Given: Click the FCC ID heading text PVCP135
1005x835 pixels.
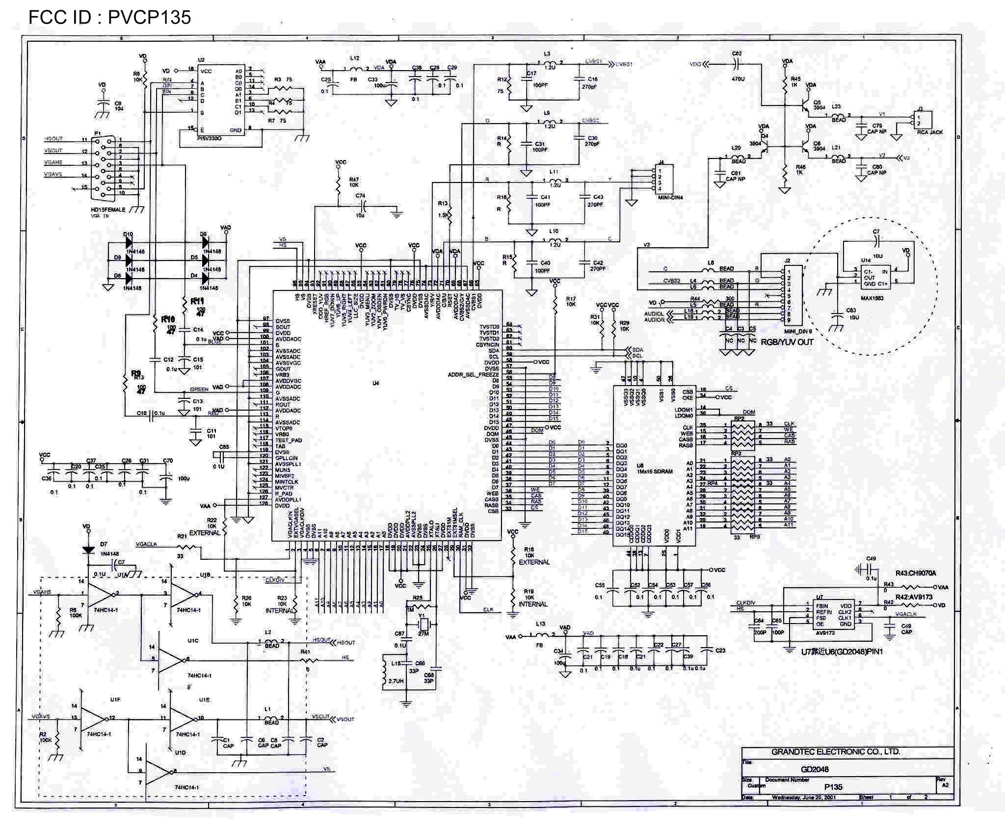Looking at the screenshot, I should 109,18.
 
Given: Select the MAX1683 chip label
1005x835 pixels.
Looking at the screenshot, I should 872,298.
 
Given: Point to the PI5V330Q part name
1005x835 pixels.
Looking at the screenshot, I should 209,139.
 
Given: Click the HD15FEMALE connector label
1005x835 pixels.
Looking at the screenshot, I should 108,209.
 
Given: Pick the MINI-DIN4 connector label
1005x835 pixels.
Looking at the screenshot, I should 670,198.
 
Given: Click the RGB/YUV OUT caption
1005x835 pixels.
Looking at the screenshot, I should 787,342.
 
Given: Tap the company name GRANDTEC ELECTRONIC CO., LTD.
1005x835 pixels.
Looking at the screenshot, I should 835,752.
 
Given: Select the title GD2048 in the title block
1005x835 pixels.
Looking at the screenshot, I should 815,769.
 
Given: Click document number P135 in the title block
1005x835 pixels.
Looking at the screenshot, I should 833,787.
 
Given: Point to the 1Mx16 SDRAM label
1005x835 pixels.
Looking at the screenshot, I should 655,471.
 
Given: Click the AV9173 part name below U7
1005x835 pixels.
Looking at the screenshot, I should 825,633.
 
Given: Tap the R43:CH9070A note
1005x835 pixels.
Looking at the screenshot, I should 916,573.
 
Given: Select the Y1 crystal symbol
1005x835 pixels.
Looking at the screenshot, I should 423,625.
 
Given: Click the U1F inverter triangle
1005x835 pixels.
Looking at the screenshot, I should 93,719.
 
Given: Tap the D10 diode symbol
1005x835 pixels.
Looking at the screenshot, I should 129,242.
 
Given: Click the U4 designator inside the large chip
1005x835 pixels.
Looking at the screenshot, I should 375,383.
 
